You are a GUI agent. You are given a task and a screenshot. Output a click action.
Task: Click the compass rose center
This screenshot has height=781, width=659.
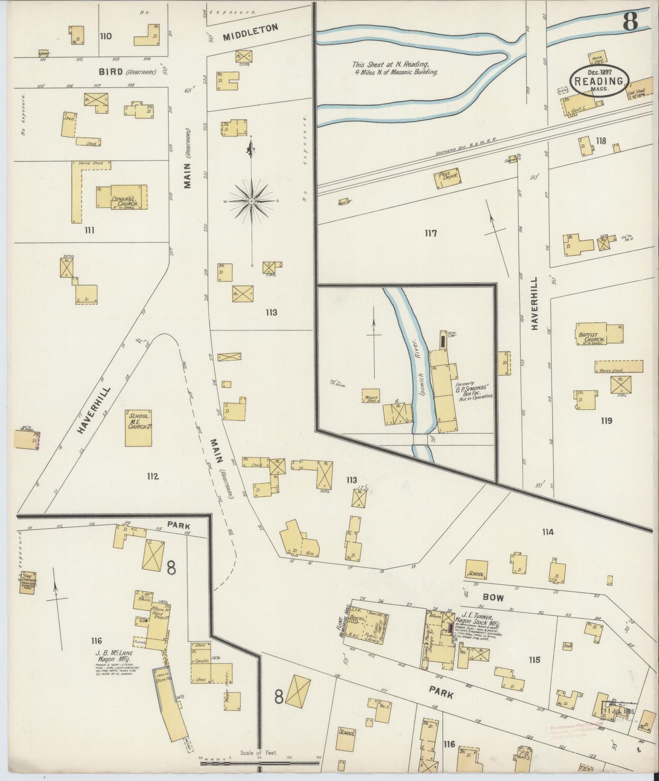(x=252, y=200)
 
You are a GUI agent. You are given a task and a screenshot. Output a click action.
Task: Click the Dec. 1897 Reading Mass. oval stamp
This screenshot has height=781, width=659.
(x=599, y=81)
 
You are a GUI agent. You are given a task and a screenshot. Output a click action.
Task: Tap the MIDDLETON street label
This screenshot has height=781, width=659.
(x=250, y=33)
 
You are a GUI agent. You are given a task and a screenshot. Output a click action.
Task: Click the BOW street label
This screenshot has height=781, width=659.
(x=493, y=597)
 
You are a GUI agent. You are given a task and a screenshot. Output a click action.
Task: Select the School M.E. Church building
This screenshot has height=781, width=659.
(x=139, y=428)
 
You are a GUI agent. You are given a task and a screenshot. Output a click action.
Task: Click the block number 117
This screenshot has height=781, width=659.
(x=431, y=234)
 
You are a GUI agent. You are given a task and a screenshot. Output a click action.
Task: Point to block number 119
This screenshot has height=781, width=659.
(x=606, y=421)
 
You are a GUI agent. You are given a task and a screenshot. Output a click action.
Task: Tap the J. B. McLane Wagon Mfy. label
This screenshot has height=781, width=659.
(x=114, y=656)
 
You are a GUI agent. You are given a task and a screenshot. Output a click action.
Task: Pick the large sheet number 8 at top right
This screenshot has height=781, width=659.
(x=630, y=22)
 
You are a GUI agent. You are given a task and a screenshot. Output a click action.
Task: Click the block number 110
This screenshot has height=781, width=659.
(x=106, y=36)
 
